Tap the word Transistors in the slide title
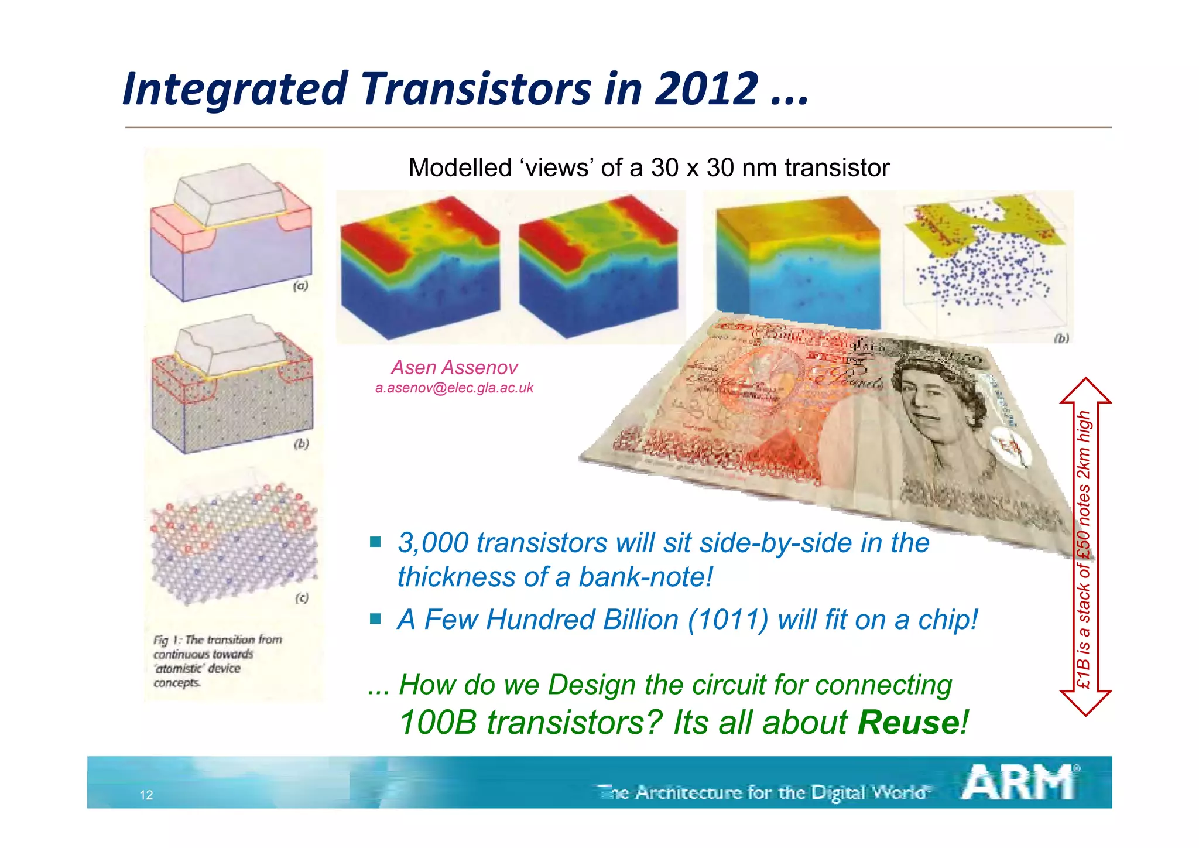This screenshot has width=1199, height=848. point(476,89)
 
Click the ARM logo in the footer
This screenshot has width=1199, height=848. point(1019,783)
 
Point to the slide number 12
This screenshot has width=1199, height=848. point(146,795)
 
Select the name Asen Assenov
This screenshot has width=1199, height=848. point(454,368)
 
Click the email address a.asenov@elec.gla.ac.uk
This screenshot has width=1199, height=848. point(454,388)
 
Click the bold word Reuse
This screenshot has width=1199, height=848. point(908,722)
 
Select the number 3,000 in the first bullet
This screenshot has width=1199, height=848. point(433,543)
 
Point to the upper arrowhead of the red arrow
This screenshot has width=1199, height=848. point(1085,391)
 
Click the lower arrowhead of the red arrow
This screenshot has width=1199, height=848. point(1085,702)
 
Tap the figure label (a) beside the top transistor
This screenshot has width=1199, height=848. point(300,286)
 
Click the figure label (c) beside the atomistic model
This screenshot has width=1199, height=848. point(302,597)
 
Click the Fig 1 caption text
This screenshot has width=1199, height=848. point(217,661)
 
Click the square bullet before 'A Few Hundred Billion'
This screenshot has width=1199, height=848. point(376,618)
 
